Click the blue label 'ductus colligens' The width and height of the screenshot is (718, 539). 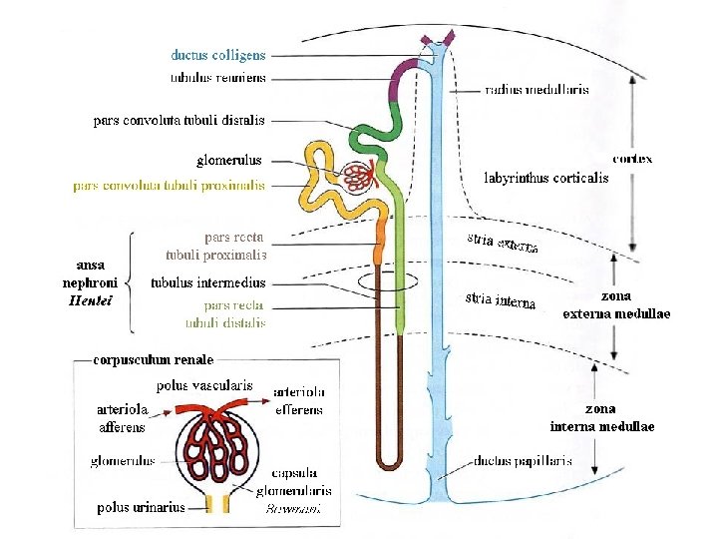click(x=217, y=56)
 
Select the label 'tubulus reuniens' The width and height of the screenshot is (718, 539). click(x=217, y=77)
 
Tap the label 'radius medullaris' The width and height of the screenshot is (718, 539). click(x=537, y=89)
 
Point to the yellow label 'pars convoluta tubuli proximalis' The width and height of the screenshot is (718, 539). click(x=169, y=186)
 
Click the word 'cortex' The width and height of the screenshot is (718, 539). click(x=632, y=159)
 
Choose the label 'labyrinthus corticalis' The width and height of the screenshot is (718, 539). click(x=545, y=179)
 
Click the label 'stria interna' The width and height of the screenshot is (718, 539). click(x=502, y=300)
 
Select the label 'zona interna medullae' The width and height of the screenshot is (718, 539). click(x=601, y=417)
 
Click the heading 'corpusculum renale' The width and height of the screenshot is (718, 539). click(x=153, y=358)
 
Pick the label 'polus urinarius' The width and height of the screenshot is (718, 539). click(x=141, y=507)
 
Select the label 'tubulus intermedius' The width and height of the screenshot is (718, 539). click(x=208, y=282)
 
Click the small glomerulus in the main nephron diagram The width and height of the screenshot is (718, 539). click(x=358, y=178)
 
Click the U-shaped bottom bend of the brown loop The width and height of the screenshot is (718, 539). click(x=388, y=462)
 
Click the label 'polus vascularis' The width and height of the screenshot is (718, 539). click(x=204, y=385)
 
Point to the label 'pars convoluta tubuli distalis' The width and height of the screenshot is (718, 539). click(x=179, y=121)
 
